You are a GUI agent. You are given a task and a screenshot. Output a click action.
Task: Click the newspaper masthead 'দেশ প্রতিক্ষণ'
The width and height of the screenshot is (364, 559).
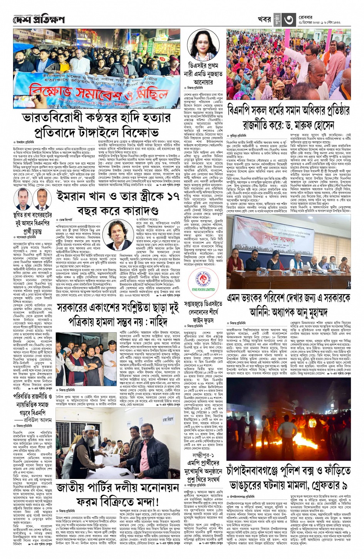[39, 20]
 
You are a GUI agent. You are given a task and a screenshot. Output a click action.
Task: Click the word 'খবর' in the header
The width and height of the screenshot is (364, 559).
[264, 20]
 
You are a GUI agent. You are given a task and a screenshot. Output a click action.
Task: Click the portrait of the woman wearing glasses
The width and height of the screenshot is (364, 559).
[203, 45]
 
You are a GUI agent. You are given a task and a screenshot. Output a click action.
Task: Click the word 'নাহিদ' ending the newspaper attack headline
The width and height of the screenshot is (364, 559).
[158, 322]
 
